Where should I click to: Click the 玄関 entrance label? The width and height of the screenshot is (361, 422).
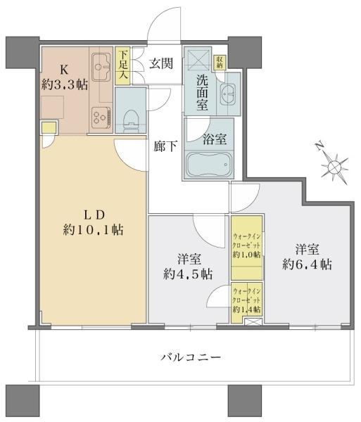161,63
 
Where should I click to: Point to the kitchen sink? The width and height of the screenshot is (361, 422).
102,64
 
